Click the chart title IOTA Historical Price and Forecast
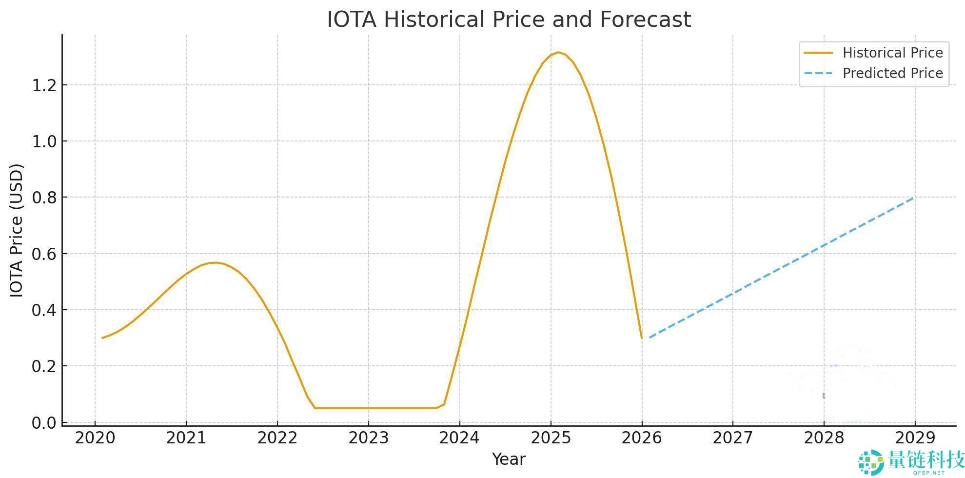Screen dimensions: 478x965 point(509,20)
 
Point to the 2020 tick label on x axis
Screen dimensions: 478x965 point(95,438)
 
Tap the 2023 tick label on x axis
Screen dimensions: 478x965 point(368,438)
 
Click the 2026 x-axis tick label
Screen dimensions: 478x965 point(642,438)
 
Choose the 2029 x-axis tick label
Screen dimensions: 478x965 point(915,438)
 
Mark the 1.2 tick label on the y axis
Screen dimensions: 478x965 point(44,86)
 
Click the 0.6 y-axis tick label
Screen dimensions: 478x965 point(44,254)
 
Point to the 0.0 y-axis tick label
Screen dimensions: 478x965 point(44,423)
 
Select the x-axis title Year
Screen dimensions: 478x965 point(509,459)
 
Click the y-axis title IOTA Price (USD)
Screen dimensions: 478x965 point(17,230)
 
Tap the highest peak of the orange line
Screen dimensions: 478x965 point(558,52)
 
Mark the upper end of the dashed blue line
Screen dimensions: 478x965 point(913,198)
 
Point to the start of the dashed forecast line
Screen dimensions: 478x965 point(650,337)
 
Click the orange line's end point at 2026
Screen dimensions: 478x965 point(641,338)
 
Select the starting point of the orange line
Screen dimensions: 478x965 point(102,338)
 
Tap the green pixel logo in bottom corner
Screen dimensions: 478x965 point(871,462)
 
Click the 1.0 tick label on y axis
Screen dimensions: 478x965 point(44,142)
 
